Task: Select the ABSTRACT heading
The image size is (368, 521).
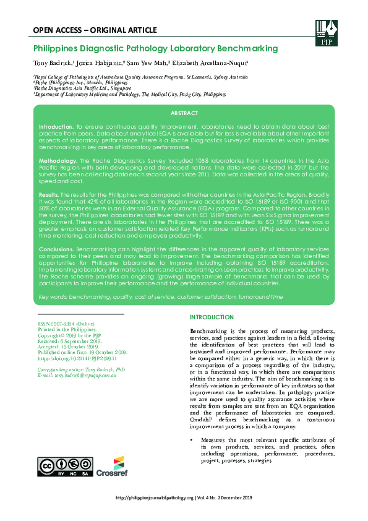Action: click(184, 113)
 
